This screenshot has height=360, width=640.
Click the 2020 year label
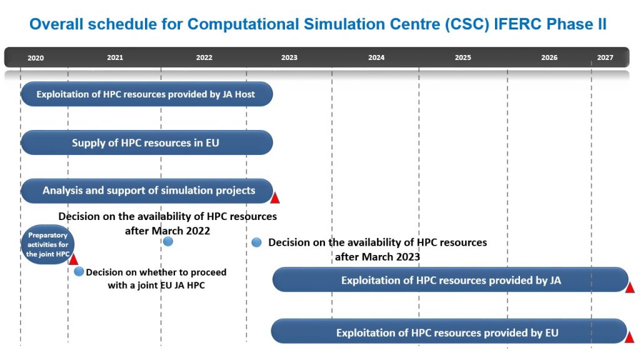(x=36, y=58)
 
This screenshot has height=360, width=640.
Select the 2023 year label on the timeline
(x=289, y=57)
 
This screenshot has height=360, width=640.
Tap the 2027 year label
(x=605, y=57)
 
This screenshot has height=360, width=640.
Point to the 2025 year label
(x=463, y=57)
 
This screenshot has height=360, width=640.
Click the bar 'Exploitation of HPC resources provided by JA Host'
(x=146, y=94)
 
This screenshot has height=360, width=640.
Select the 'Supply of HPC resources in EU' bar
(x=146, y=142)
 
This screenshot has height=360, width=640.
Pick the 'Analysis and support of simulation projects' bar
(x=146, y=191)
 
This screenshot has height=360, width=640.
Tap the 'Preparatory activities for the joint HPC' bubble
(x=47, y=244)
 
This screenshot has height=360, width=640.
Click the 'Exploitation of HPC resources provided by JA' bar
(x=450, y=280)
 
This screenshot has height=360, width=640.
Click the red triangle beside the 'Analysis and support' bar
(x=275, y=198)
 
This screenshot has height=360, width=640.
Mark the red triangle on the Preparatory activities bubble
(x=74, y=259)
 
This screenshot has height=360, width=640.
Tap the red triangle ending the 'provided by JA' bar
(x=630, y=287)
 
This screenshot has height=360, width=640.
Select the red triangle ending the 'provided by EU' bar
(x=629, y=337)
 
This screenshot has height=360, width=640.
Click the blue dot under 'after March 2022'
(x=167, y=242)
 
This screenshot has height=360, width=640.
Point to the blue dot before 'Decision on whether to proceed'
(x=79, y=271)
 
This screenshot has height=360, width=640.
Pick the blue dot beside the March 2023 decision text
(x=256, y=242)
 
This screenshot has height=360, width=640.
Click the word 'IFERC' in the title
(x=518, y=24)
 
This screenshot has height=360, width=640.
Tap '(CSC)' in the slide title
(x=467, y=24)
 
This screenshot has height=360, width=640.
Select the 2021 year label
(x=115, y=57)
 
